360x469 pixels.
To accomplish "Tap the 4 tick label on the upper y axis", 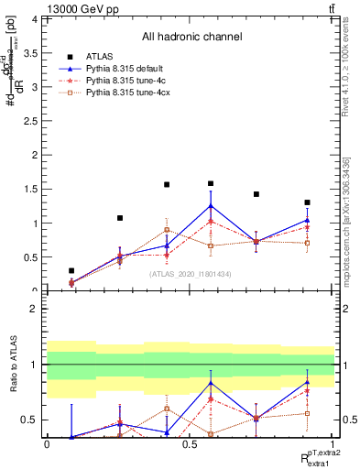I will [x=35, y=19].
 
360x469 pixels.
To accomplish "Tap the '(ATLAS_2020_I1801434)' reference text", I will [x=191, y=275].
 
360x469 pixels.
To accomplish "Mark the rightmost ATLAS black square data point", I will [x=307, y=202].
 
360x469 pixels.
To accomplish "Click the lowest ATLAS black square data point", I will [x=71, y=271].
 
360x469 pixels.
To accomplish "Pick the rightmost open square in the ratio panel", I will [x=307, y=413].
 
